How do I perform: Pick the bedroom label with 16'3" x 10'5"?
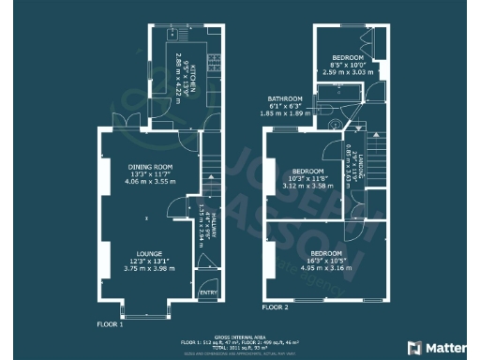tap(326, 253)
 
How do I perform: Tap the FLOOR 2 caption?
tap(275, 307)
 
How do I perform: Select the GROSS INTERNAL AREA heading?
tap(240, 335)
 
